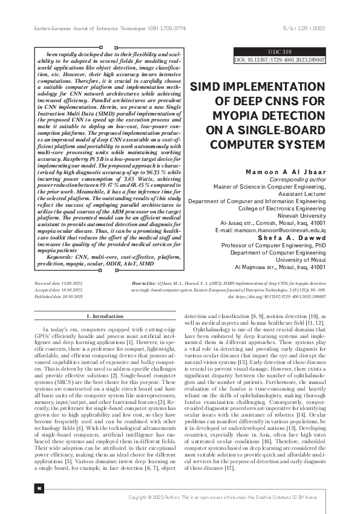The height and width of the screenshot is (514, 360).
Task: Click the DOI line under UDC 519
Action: click(280, 60)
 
